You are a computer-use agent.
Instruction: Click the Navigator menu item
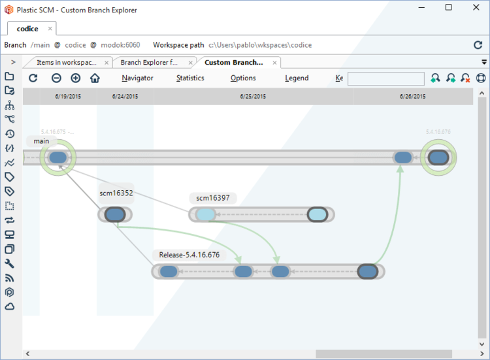click(x=137, y=78)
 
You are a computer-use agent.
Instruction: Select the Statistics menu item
click(x=190, y=78)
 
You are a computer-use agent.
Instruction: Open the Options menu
click(x=243, y=78)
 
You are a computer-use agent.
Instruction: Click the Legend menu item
click(x=297, y=78)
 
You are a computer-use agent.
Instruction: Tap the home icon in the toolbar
click(x=95, y=78)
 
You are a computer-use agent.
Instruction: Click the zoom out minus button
click(x=57, y=78)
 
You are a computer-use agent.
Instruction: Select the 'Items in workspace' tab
click(x=66, y=63)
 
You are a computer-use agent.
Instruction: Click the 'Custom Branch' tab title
click(x=233, y=63)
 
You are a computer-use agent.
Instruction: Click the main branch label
click(x=41, y=141)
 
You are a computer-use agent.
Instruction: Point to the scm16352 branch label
click(x=116, y=193)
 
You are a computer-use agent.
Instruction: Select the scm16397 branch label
click(x=213, y=198)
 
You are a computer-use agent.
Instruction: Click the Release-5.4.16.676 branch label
click(x=189, y=255)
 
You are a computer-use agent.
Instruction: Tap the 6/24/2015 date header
click(x=125, y=96)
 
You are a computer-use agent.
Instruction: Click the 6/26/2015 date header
click(x=413, y=96)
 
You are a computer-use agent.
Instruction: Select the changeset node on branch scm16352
click(x=115, y=214)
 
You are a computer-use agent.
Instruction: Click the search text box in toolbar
click(x=385, y=78)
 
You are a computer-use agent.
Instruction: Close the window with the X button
click(x=475, y=8)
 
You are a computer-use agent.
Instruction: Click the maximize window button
click(x=448, y=8)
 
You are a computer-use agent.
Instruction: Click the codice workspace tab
click(x=27, y=29)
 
